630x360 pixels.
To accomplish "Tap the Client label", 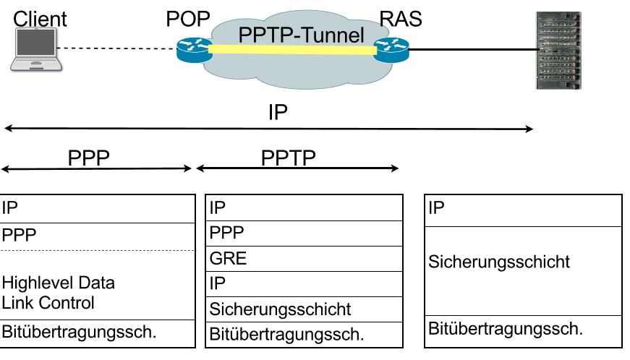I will (40, 19).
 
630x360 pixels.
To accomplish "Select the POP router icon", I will (192, 50).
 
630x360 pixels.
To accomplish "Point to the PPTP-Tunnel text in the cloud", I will (302, 33).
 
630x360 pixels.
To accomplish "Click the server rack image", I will (558, 50).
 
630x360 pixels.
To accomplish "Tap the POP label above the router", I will (188, 19).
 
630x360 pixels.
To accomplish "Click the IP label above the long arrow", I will (278, 113).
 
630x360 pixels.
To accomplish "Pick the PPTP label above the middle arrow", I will (289, 158).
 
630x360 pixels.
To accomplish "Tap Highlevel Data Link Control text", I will (58, 292).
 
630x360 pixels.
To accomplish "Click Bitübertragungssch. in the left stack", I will (80, 333).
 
